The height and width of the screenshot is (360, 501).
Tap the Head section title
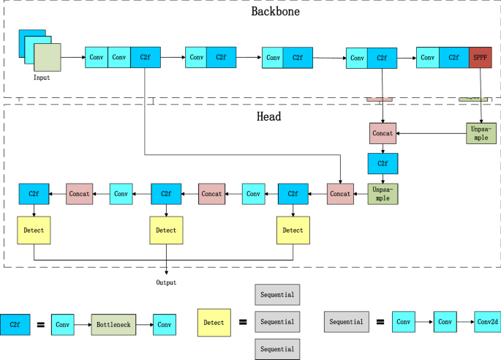(269, 116)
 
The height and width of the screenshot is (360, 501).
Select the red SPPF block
(480, 57)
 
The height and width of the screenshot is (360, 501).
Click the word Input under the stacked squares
(42, 77)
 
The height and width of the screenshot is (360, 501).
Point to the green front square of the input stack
(47, 56)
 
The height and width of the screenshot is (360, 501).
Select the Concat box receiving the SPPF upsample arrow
(383, 134)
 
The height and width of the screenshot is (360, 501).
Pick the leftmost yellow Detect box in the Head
(34, 230)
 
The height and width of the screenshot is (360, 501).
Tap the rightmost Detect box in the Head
(293, 230)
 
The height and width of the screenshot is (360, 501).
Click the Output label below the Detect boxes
(167, 282)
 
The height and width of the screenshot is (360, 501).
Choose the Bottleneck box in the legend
(114, 324)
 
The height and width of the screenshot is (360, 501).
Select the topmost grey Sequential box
(277, 295)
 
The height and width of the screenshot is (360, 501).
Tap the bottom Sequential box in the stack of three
(277, 349)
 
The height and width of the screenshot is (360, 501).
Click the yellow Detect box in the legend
(214, 322)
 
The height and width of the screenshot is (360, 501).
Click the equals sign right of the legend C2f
(41, 324)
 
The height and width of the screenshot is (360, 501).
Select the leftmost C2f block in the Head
(34, 193)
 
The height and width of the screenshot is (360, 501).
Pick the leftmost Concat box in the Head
(80, 193)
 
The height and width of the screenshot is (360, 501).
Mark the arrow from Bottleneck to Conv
(145, 324)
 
